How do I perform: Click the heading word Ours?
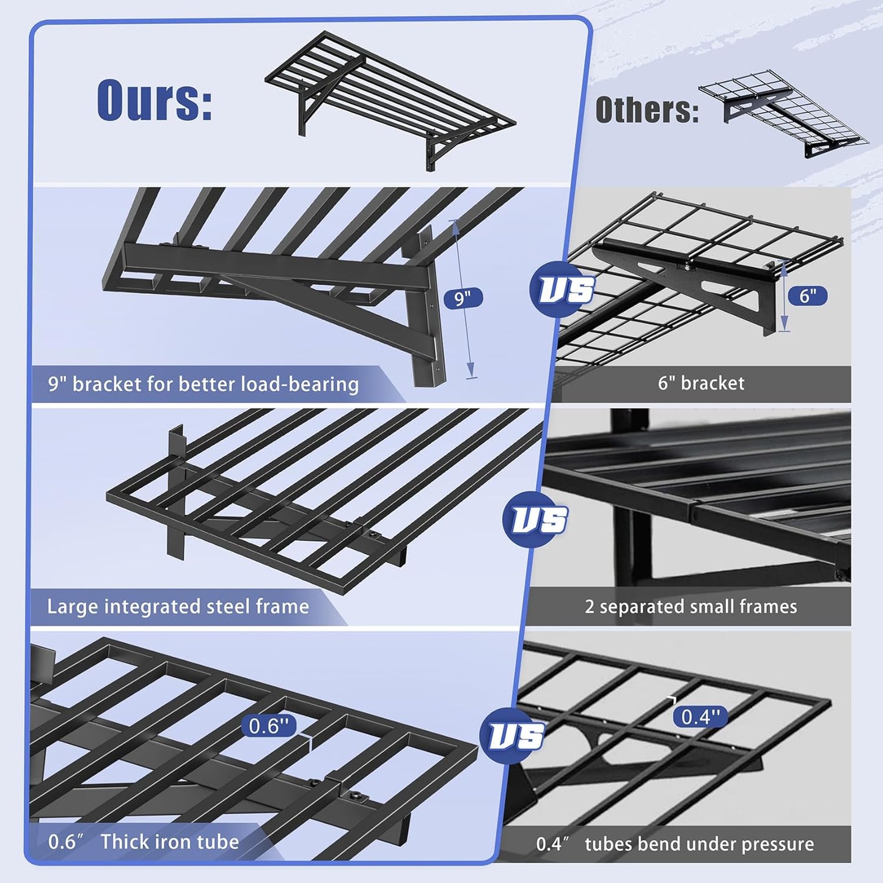(x=155, y=100)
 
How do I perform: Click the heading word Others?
(x=647, y=111)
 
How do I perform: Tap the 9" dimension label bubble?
(x=463, y=298)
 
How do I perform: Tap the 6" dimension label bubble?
(x=807, y=296)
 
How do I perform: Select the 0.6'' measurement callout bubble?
(x=269, y=726)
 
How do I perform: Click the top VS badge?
(x=563, y=289)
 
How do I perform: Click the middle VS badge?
(x=536, y=519)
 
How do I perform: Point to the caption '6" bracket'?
(x=701, y=383)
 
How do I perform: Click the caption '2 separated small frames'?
(x=691, y=606)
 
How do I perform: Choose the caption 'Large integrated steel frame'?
(x=178, y=606)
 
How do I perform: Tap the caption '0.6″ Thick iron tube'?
(x=144, y=841)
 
